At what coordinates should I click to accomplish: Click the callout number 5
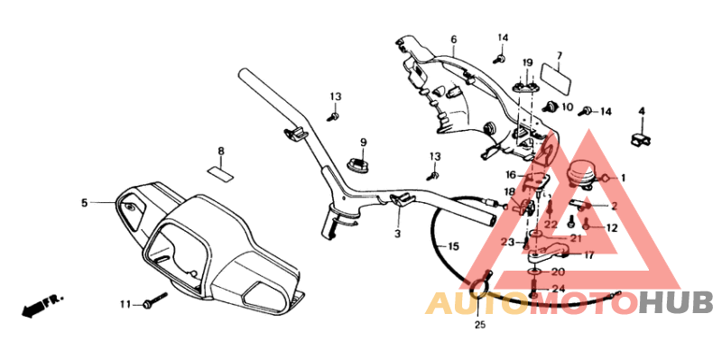84,204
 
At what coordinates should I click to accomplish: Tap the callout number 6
453,40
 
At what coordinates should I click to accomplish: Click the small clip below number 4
642,137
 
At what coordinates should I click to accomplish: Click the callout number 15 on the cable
453,246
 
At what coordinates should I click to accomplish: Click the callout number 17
589,255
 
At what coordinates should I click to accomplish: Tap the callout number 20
558,272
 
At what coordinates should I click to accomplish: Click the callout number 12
612,228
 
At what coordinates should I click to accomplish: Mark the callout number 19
528,62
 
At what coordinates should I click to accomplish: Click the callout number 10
567,107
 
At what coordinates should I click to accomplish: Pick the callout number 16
510,175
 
